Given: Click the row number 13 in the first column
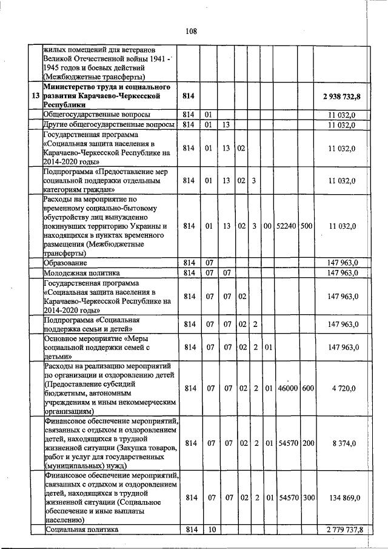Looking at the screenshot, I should click(35, 96).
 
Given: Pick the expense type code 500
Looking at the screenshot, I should click(306, 226).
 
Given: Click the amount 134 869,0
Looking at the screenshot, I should click(344, 497).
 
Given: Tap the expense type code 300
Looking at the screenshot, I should click(307, 497).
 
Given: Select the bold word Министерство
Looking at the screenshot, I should click(69, 87).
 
